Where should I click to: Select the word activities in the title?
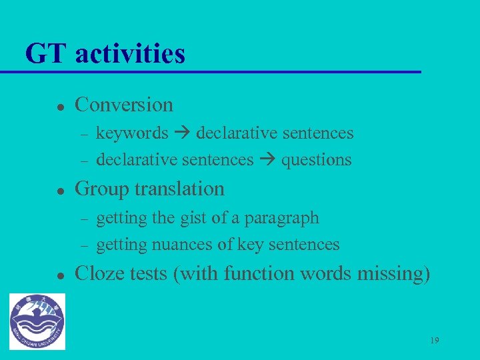point(130,54)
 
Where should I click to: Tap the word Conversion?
point(124,105)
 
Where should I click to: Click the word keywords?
point(132,133)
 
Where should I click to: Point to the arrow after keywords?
point(182,133)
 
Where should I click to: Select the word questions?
point(316,161)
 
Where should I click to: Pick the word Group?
point(102,189)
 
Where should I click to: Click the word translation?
point(179,189)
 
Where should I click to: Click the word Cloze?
point(100,273)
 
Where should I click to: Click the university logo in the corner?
point(37,321)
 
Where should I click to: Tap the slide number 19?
point(435,341)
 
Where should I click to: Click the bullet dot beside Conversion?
point(59,106)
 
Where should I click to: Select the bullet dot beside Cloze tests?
point(59,275)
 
